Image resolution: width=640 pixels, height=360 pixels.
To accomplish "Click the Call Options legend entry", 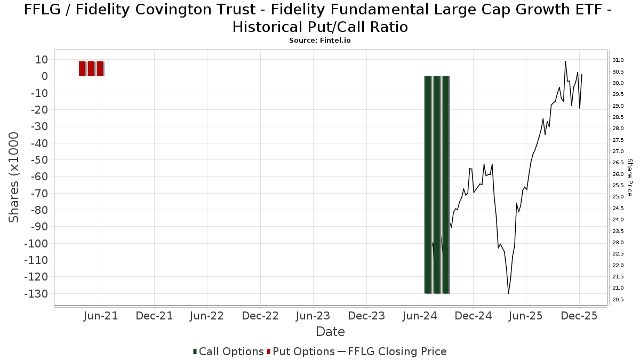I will pos(228,351).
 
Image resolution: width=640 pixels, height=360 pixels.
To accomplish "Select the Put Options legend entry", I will pos(301,351).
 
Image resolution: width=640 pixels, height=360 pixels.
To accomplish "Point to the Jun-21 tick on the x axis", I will pos(101,316).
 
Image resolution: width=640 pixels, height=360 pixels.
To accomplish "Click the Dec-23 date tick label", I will pos(367,316).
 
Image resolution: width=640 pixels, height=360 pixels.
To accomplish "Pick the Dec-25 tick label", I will pos(580,316).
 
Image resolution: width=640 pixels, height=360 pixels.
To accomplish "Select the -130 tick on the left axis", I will pos(38,294).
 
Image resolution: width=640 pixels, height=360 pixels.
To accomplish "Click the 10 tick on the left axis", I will pos(43,59).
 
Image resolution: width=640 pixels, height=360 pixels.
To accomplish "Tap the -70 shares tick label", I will pos(40,193).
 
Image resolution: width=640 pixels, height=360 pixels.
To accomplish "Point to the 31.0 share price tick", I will pos(618,60).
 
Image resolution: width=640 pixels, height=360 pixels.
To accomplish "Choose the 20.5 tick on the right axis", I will pos(618,300).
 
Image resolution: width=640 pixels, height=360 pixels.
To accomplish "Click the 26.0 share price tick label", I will pos(618,174).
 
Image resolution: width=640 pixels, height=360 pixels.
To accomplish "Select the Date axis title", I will pos(330,332).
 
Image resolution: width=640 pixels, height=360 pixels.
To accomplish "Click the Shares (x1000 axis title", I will pos(14,178).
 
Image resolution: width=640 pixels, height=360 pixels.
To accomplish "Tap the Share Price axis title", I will pos(629,178).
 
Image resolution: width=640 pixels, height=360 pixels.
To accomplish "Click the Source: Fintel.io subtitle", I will pos(319,41).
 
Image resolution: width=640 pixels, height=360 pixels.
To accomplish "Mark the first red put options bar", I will pos(82,68).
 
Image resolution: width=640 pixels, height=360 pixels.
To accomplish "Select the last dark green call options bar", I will pos(446,185).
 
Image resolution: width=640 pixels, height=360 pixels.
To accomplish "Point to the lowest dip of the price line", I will pos(508,293).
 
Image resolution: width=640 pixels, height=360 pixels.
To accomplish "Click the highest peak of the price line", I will pos(565,61).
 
